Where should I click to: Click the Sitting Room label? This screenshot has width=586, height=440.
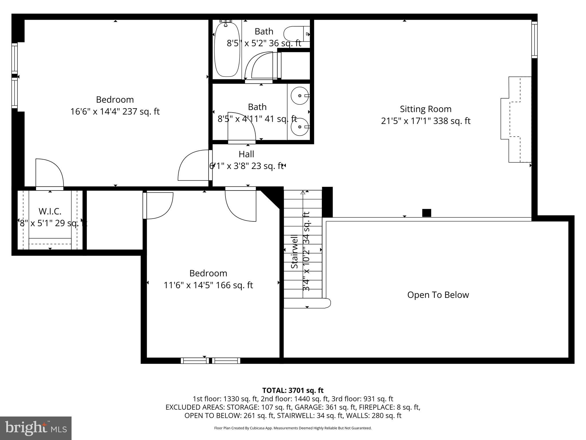425,109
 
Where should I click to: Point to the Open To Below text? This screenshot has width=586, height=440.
438,295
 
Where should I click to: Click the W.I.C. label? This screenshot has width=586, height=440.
50,212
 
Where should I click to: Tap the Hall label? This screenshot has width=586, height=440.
246,154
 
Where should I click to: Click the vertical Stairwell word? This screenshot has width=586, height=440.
294,252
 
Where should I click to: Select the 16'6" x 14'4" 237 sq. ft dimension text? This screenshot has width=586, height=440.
115,111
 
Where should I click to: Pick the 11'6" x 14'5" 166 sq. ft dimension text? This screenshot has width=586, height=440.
208,285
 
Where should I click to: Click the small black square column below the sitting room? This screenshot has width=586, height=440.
426,213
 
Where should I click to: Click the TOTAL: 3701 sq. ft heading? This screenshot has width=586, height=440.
293,390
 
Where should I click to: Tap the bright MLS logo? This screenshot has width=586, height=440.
36,428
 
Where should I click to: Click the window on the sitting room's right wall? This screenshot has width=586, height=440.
534,40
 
